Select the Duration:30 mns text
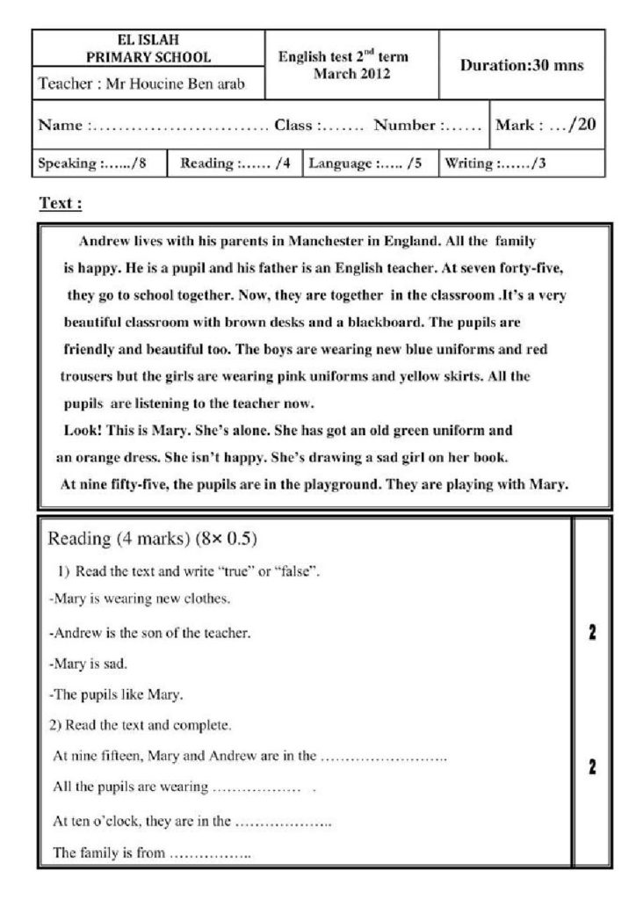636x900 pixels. coord(521,66)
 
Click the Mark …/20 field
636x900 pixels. coord(546,126)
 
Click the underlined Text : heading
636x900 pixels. coord(61,204)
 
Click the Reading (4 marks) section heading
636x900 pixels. coord(151,538)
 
